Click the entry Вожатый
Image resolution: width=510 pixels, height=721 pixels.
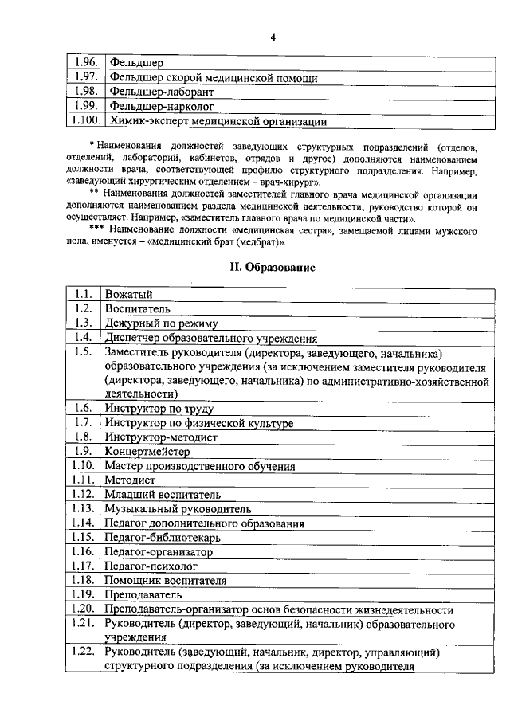point(128,295)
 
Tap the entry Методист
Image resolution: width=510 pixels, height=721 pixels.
point(129,480)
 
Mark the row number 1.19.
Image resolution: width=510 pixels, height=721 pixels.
point(83,594)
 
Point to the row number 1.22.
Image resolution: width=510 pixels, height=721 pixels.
point(83,652)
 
